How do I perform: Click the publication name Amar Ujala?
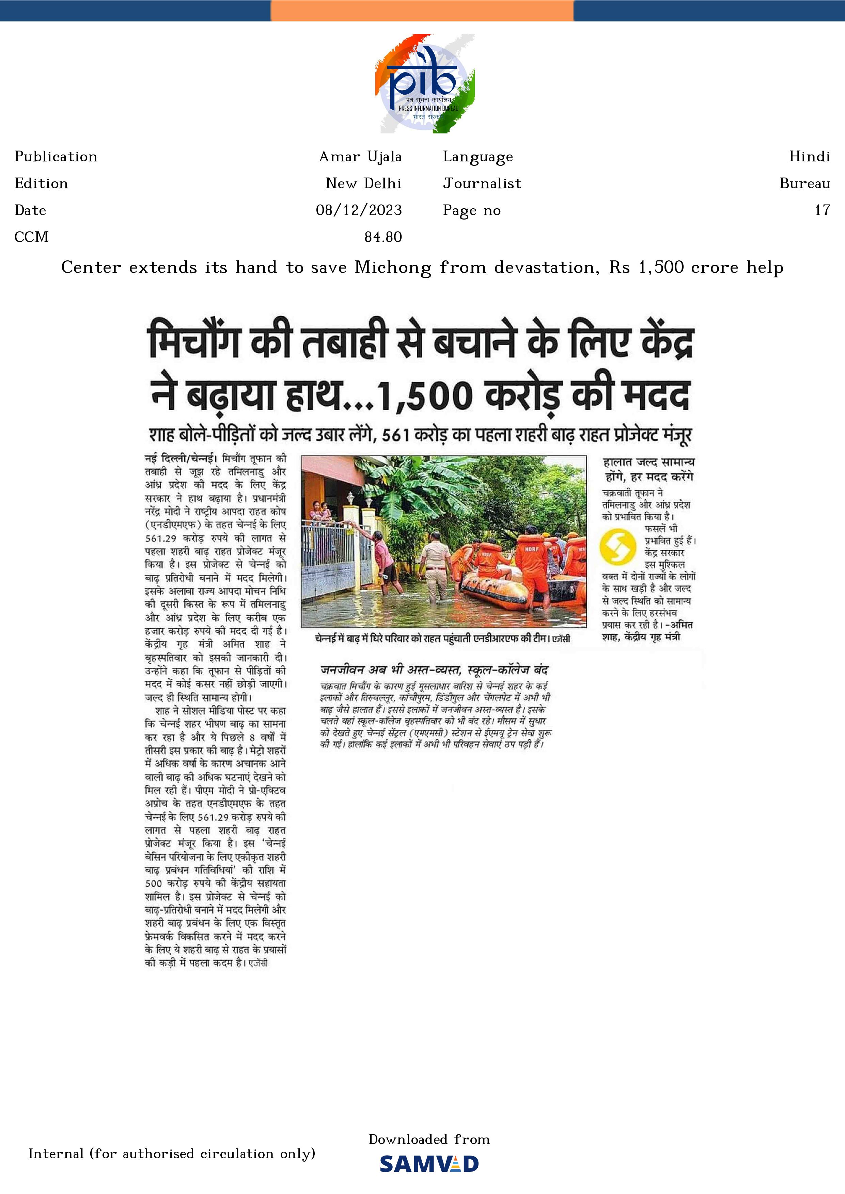[x=360, y=157]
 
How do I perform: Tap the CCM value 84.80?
[x=383, y=237]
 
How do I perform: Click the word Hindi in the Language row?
[x=809, y=157]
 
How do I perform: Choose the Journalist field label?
[x=482, y=183]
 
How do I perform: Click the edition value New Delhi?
[x=363, y=183]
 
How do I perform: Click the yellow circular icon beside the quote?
[x=617, y=546]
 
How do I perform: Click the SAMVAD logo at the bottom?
[x=429, y=1164]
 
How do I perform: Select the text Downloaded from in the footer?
[x=429, y=1140]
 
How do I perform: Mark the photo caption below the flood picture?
[x=442, y=638]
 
